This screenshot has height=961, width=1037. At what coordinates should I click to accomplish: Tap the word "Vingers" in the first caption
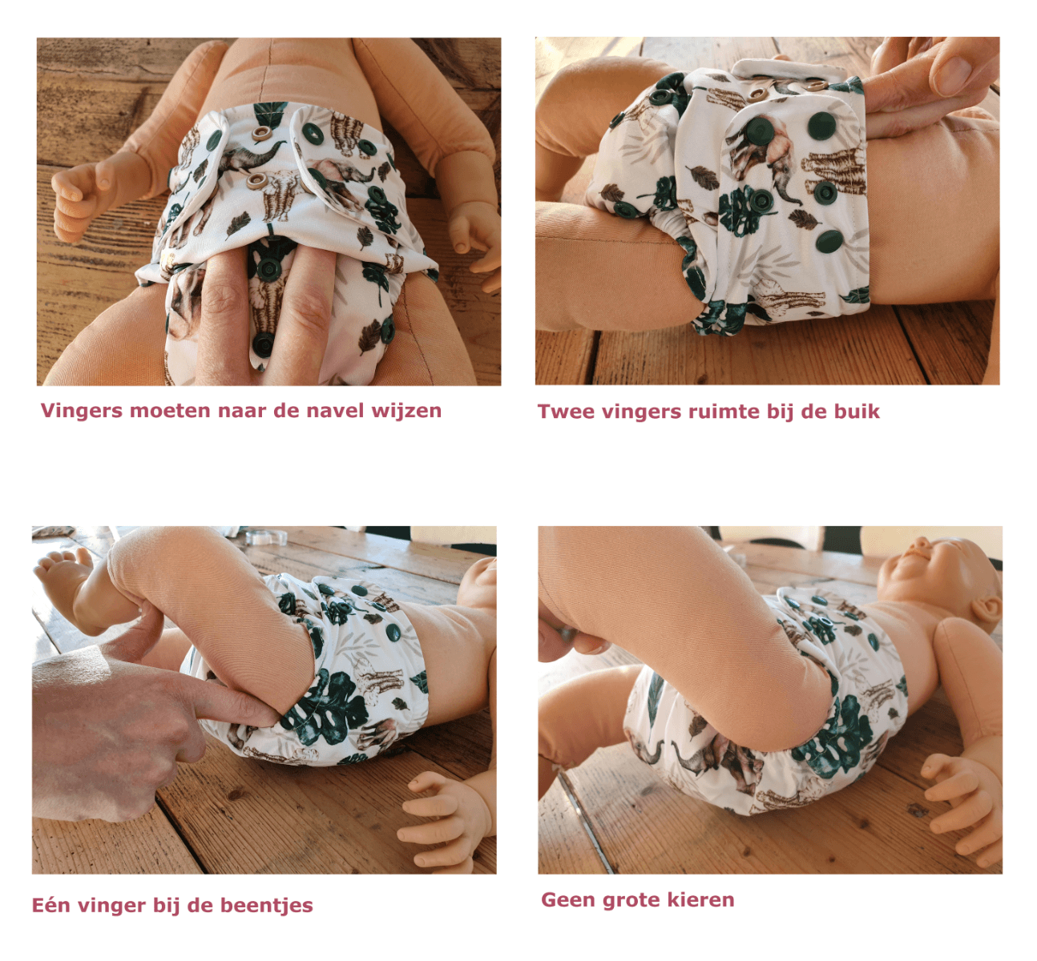click(x=82, y=412)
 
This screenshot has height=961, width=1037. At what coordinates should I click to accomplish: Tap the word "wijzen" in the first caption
click(x=406, y=412)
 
